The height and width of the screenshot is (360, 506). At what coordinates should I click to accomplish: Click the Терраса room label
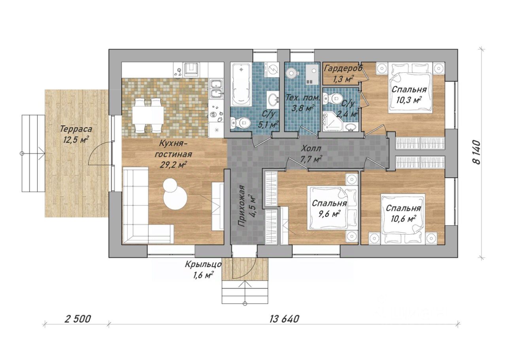click(x=76, y=129)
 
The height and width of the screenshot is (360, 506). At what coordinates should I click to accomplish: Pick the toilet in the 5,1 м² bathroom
click(x=241, y=123)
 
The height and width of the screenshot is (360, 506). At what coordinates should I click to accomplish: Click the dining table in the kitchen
click(x=148, y=116)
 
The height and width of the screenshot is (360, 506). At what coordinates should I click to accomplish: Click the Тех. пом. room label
click(x=303, y=98)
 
